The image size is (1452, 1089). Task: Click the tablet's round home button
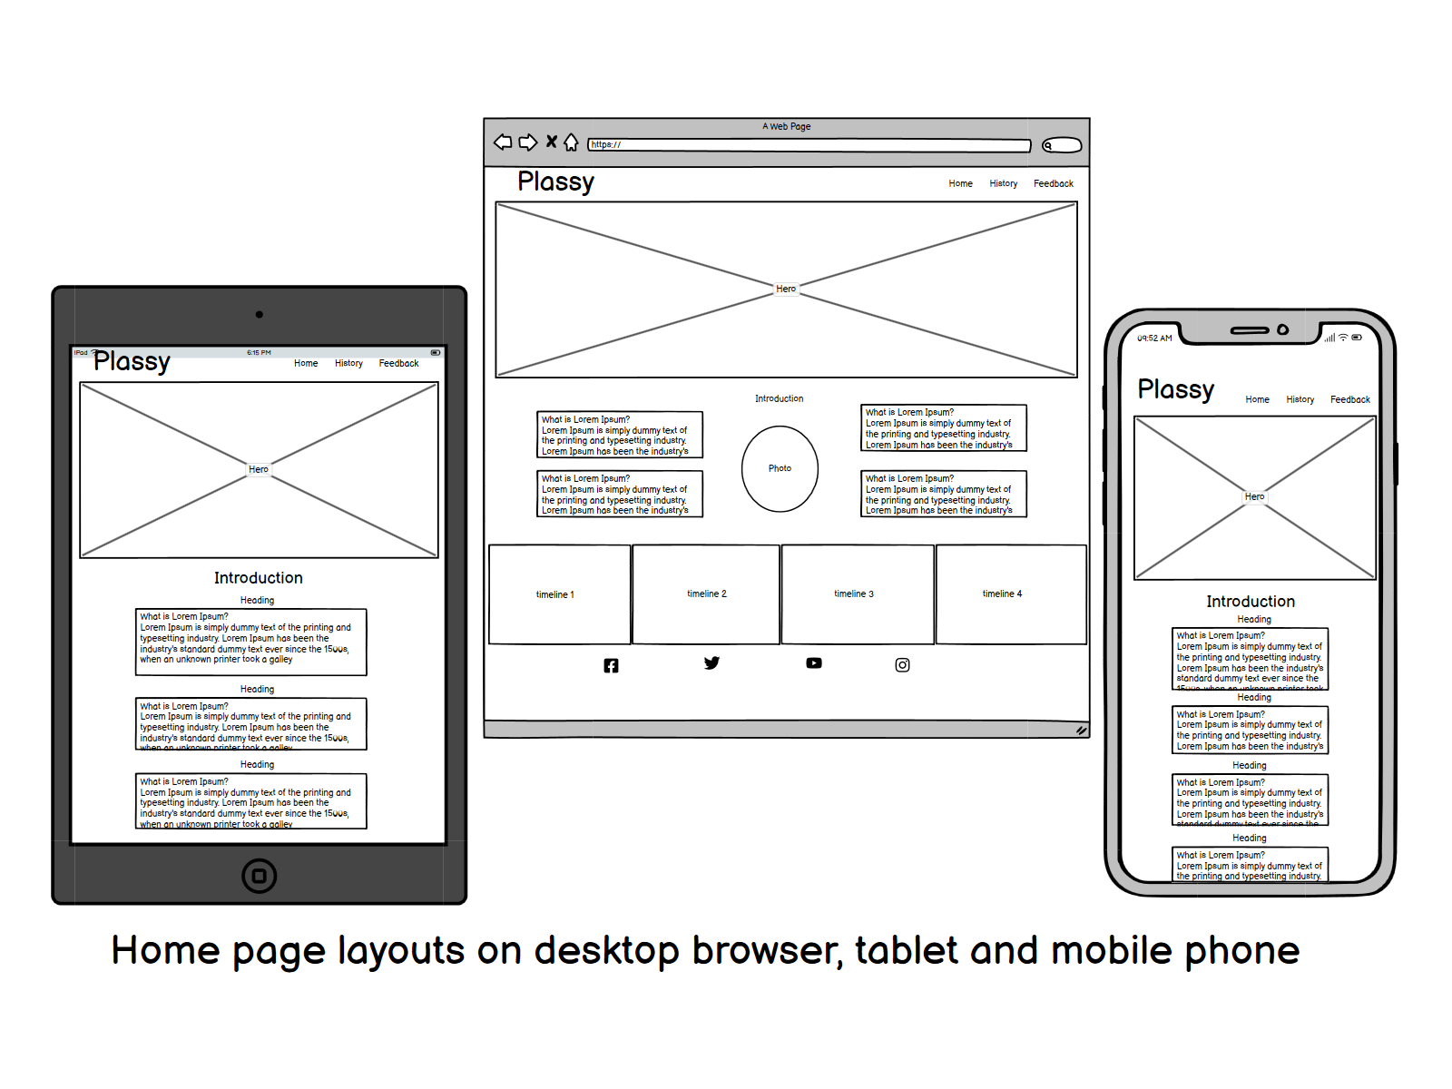(x=260, y=876)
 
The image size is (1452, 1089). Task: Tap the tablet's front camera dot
(x=260, y=315)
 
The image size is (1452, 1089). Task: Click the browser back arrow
(x=503, y=142)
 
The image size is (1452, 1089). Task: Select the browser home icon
(x=571, y=142)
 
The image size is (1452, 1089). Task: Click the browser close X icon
(x=551, y=142)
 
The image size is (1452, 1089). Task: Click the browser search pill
(x=1062, y=145)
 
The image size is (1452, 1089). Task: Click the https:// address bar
(x=809, y=145)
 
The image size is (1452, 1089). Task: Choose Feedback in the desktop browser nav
(x=1053, y=183)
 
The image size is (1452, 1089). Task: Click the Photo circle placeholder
(x=780, y=469)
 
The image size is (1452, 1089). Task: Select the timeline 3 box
(x=856, y=594)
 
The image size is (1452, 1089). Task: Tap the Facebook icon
(x=611, y=666)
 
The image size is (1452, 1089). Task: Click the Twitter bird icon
(x=711, y=663)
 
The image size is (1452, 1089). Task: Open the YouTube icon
(x=814, y=663)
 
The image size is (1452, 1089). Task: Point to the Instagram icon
(x=902, y=665)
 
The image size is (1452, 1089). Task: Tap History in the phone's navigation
(x=1300, y=399)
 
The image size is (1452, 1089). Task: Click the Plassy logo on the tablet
(x=132, y=361)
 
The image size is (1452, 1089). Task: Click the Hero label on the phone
(x=1254, y=496)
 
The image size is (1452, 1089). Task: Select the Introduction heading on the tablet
(x=259, y=578)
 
